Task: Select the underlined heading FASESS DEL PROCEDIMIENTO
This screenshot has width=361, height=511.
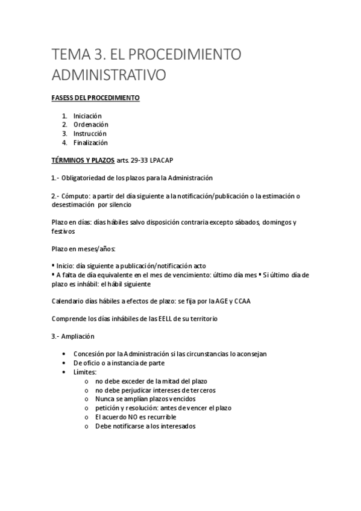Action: tap(95, 98)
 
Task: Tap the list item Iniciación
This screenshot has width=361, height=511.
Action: tap(87, 116)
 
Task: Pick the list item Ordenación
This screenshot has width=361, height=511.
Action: tap(91, 125)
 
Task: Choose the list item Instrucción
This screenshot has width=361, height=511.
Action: tap(90, 134)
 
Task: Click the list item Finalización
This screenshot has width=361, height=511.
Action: tap(90, 143)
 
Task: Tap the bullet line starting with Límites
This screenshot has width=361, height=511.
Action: tap(85, 372)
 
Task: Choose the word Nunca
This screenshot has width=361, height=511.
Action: tap(105, 399)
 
